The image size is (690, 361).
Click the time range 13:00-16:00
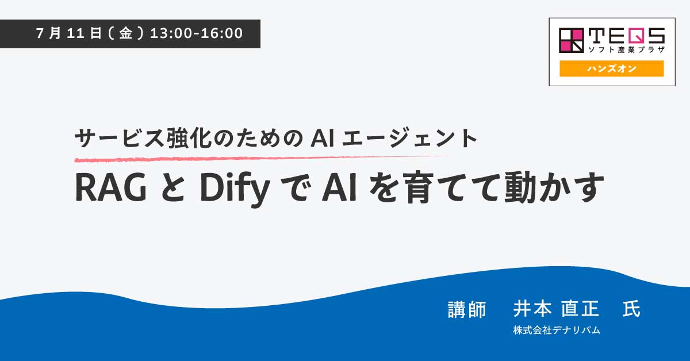click(x=196, y=33)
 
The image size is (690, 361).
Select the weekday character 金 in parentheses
click(x=126, y=33)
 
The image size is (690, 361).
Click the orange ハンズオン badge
click(x=611, y=68)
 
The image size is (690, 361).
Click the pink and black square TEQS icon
click(x=572, y=40)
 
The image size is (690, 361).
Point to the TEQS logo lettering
click(x=627, y=36)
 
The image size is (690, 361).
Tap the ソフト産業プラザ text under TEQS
click(x=627, y=49)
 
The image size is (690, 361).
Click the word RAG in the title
click(x=110, y=187)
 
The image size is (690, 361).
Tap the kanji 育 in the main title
click(x=417, y=187)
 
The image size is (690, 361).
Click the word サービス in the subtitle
click(x=120, y=139)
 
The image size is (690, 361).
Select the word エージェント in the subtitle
click(x=409, y=139)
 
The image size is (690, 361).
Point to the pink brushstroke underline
click(x=262, y=159)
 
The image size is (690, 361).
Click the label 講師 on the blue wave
click(x=467, y=309)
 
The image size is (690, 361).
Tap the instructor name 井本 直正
click(x=557, y=309)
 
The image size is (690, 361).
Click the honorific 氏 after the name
click(x=631, y=309)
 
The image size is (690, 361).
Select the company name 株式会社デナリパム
click(x=557, y=330)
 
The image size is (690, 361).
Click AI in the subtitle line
click(x=323, y=139)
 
